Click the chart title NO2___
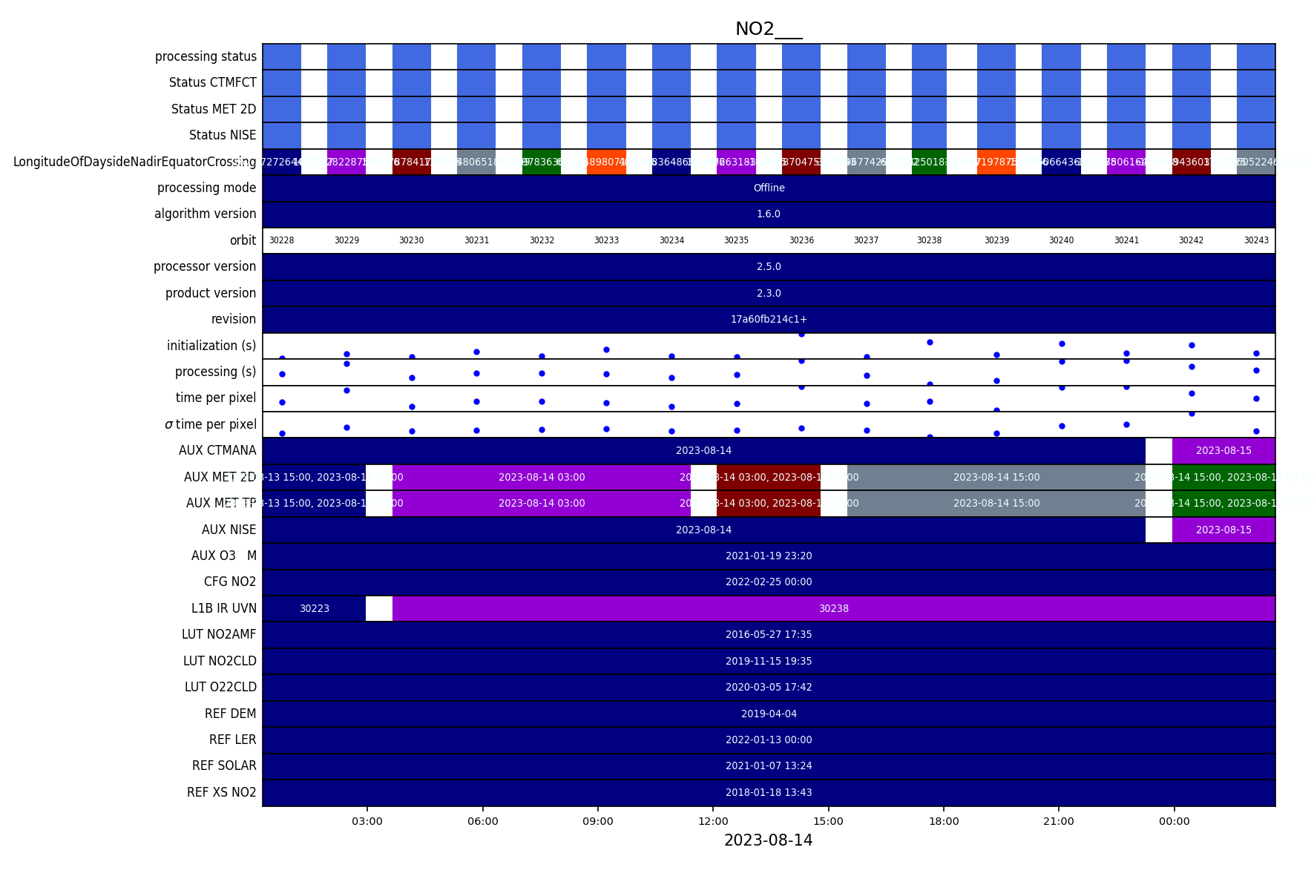[x=768, y=29]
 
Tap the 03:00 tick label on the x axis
[x=367, y=821]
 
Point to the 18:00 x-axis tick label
[x=943, y=821]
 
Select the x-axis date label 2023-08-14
[x=768, y=840]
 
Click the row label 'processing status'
[x=206, y=56]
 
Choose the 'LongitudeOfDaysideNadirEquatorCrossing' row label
[x=134, y=162]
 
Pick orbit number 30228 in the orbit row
[x=281, y=240]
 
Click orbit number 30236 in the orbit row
[x=801, y=240]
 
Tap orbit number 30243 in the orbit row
[x=1256, y=240]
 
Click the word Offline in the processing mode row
[x=769, y=188]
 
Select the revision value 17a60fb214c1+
[x=769, y=319]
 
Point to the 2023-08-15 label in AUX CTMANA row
[x=1223, y=450]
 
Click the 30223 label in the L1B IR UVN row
[x=314, y=608]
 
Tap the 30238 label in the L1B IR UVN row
[x=833, y=608]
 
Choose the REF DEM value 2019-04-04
[x=769, y=714]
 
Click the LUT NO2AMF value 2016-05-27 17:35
[x=769, y=634]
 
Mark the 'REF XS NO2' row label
[x=221, y=792]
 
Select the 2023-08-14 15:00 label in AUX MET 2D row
[x=996, y=477]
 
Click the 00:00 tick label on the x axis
[x=1174, y=821]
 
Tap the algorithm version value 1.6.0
[x=769, y=214]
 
